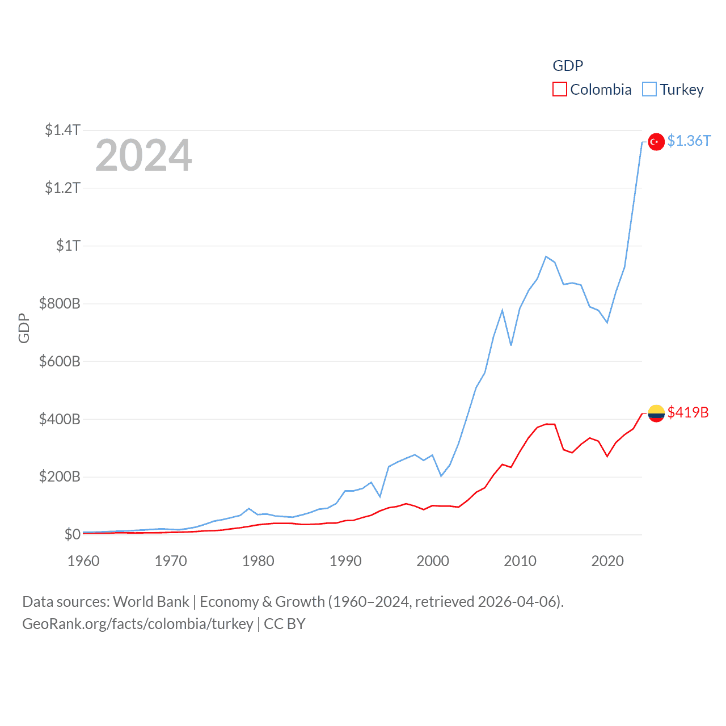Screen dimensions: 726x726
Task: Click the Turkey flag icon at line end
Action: click(656, 142)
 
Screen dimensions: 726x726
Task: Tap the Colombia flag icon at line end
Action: click(656, 413)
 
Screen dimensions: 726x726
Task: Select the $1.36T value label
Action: click(689, 141)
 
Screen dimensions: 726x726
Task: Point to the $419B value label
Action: click(688, 412)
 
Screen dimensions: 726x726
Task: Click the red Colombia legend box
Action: click(560, 90)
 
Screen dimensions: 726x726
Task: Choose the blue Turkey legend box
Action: click(649, 90)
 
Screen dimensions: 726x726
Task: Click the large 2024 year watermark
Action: click(143, 155)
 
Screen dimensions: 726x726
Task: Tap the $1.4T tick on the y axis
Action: click(62, 130)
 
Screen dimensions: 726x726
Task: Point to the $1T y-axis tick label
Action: click(68, 246)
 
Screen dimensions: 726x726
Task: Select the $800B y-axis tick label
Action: click(60, 303)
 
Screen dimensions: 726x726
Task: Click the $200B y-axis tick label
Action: click(60, 476)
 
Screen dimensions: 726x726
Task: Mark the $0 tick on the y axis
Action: click(72, 534)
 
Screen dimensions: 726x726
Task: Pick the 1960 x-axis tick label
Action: click(83, 561)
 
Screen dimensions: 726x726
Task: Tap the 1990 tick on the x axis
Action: click(345, 561)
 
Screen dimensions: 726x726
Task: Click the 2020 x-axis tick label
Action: click(607, 561)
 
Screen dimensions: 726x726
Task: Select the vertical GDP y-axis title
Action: click(24, 328)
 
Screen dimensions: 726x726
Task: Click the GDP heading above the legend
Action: click(568, 66)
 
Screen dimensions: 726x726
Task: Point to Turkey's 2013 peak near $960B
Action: click(546, 256)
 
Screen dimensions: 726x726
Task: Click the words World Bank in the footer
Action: click(151, 601)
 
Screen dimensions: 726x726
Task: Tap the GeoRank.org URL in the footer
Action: click(138, 624)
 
